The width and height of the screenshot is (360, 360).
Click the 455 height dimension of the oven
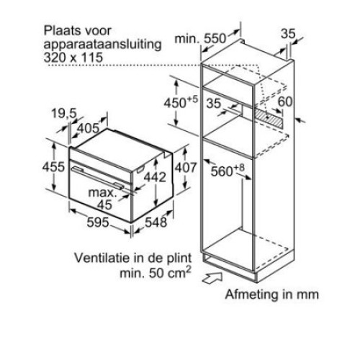pyautogui.click(x=53, y=167)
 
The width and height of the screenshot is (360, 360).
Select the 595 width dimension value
pyautogui.click(x=98, y=222)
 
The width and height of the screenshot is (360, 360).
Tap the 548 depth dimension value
pyautogui.click(x=156, y=222)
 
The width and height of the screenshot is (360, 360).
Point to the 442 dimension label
pyautogui.click(x=155, y=177)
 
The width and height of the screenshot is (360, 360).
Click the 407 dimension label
pyautogui.click(x=185, y=167)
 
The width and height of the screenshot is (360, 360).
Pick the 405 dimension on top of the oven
pyautogui.click(x=89, y=128)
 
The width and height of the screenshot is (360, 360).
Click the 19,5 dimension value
pyautogui.click(x=64, y=113)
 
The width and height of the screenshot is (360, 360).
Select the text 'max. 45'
pyautogui.click(x=103, y=199)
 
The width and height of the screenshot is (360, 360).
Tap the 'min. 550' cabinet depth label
pyautogui.click(x=200, y=38)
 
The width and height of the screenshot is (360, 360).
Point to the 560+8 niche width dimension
pyautogui.click(x=228, y=170)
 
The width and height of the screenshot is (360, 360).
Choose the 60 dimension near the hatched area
pyautogui.click(x=285, y=102)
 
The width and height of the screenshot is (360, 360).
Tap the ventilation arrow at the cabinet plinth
pyautogui.click(x=212, y=279)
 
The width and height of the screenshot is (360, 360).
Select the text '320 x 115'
pyautogui.click(x=73, y=58)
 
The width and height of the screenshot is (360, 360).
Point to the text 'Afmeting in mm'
pyautogui.click(x=272, y=294)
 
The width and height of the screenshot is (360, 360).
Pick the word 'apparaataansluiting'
pyautogui.click(x=102, y=45)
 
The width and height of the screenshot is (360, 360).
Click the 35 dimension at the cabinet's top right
pyautogui.click(x=288, y=34)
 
